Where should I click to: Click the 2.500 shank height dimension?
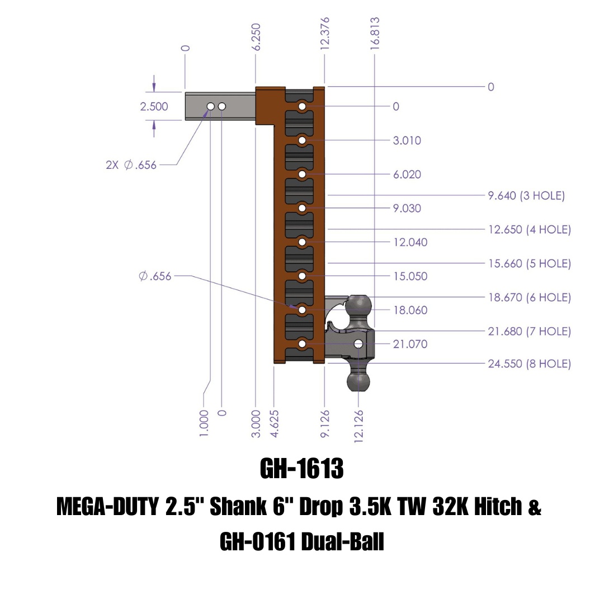(154, 107)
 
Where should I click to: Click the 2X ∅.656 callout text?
(131, 165)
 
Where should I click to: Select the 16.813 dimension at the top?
(375, 34)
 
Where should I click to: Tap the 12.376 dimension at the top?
(325, 34)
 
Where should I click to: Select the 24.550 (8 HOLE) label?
(529, 364)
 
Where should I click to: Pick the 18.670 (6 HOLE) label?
(529, 298)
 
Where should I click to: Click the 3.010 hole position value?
(407, 140)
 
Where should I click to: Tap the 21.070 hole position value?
(410, 344)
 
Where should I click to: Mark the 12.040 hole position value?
(410, 242)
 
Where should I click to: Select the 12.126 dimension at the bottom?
(358, 425)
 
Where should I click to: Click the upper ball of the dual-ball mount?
(358, 308)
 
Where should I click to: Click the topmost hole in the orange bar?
(302, 106)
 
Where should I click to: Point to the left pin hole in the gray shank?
(210, 106)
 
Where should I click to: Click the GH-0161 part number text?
(257, 541)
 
